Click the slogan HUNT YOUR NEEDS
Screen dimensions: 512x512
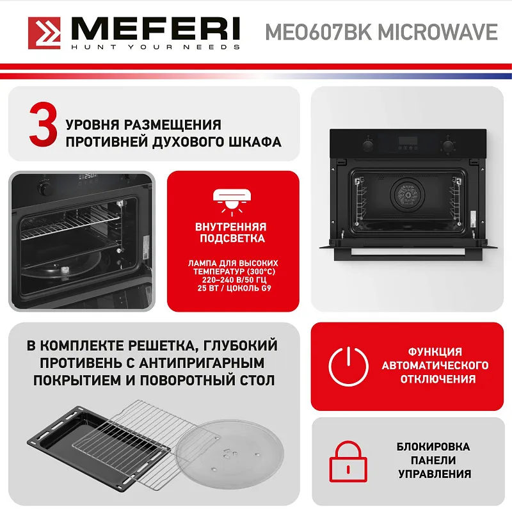coord(156,47)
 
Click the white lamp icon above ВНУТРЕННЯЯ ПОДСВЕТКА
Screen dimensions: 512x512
coord(232,200)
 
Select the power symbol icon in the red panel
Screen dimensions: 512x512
coord(349,365)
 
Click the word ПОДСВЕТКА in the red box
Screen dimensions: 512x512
coord(232,239)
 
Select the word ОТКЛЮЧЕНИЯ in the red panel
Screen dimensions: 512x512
coord(435,380)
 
